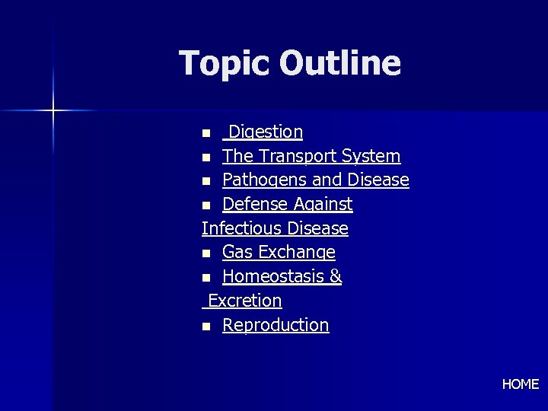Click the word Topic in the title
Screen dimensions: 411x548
[225, 63]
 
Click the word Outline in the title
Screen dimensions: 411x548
[339, 63]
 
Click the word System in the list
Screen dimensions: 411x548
[371, 156]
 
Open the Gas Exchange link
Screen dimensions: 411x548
[279, 252]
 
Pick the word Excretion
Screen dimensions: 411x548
[244, 301]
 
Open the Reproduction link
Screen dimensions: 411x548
[276, 325]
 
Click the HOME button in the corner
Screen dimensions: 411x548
[521, 384]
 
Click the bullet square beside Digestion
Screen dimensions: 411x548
[206, 133]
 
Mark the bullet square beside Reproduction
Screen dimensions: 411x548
[206, 327]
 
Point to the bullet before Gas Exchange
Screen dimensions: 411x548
[206, 253]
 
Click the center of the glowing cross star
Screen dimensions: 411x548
[53, 111]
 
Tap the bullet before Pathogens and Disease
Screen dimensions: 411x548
[206, 182]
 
